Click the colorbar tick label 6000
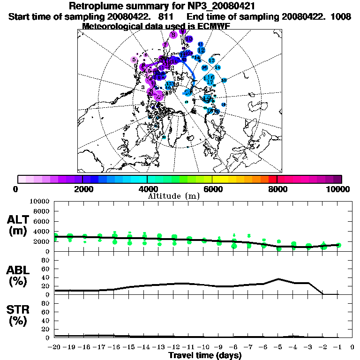pyautogui.click(x=212, y=189)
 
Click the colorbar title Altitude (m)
pyautogui.click(x=173, y=196)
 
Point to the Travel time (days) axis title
pyautogui.click(x=205, y=355)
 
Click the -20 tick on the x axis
pyautogui.click(x=55, y=347)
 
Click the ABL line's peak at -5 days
pyautogui.click(x=278, y=279)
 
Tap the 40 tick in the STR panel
pyautogui.click(x=46, y=320)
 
